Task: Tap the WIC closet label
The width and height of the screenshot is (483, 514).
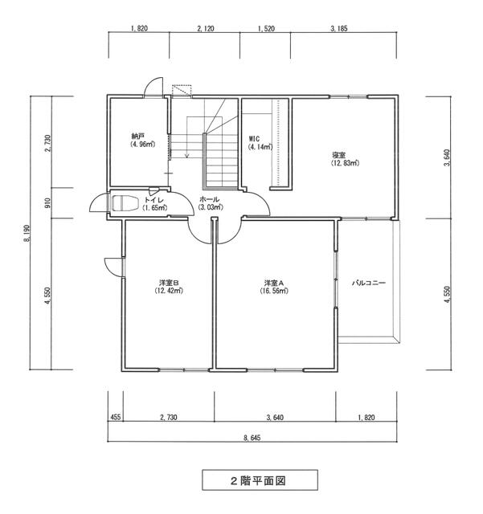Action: click(x=254, y=139)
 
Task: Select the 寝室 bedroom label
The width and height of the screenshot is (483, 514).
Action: click(x=338, y=155)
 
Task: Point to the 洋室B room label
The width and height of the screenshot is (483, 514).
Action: click(x=169, y=283)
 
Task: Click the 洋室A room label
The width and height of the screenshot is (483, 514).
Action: click(x=274, y=283)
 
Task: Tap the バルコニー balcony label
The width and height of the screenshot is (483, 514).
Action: click(x=369, y=283)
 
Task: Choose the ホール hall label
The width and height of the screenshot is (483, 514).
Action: click(x=209, y=199)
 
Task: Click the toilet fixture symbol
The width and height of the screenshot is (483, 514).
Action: click(x=124, y=203)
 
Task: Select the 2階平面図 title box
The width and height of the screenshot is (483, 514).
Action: click(x=260, y=480)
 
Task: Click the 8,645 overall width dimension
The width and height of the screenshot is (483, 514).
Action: click(x=252, y=438)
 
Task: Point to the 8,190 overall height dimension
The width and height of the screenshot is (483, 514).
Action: click(x=27, y=233)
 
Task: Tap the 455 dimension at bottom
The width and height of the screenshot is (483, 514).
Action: click(x=116, y=418)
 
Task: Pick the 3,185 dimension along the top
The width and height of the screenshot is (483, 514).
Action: click(x=338, y=29)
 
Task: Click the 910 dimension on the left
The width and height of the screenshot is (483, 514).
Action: click(x=47, y=203)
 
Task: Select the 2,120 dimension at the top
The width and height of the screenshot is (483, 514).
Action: click(x=206, y=29)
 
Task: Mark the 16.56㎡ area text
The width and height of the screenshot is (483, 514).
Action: click(x=274, y=291)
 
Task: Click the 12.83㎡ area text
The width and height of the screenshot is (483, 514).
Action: click(x=345, y=163)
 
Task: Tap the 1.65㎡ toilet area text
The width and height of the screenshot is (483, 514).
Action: click(x=155, y=208)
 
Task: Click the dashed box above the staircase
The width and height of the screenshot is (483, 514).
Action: click(x=182, y=90)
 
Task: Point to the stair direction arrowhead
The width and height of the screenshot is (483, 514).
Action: click(x=187, y=155)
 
